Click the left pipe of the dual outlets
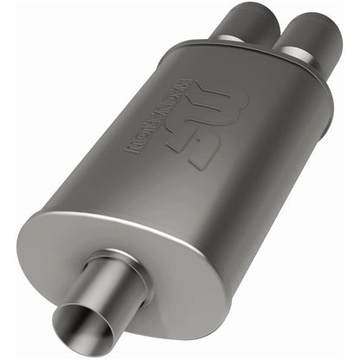click(235, 22)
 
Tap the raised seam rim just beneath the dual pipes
click(260, 61)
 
